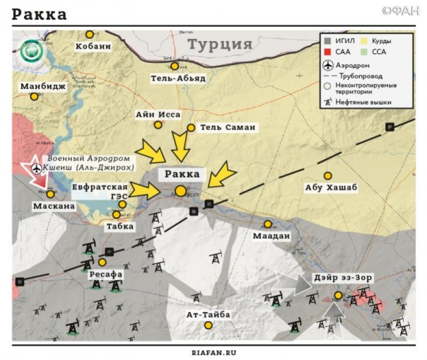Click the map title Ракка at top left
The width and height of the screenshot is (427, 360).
point(40,14)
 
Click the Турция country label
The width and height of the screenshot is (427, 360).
point(219,45)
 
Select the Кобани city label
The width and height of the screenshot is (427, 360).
point(92,47)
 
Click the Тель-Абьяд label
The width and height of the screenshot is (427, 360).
point(178,78)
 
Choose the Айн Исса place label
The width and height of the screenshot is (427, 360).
point(158,114)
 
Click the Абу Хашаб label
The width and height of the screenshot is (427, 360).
point(332,187)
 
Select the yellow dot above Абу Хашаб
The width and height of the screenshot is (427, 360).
point(327,175)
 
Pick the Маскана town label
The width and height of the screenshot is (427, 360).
point(52,206)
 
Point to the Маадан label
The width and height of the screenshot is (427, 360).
point(272,236)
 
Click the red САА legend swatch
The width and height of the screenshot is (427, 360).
point(327,52)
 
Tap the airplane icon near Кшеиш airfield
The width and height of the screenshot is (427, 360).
point(37,169)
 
